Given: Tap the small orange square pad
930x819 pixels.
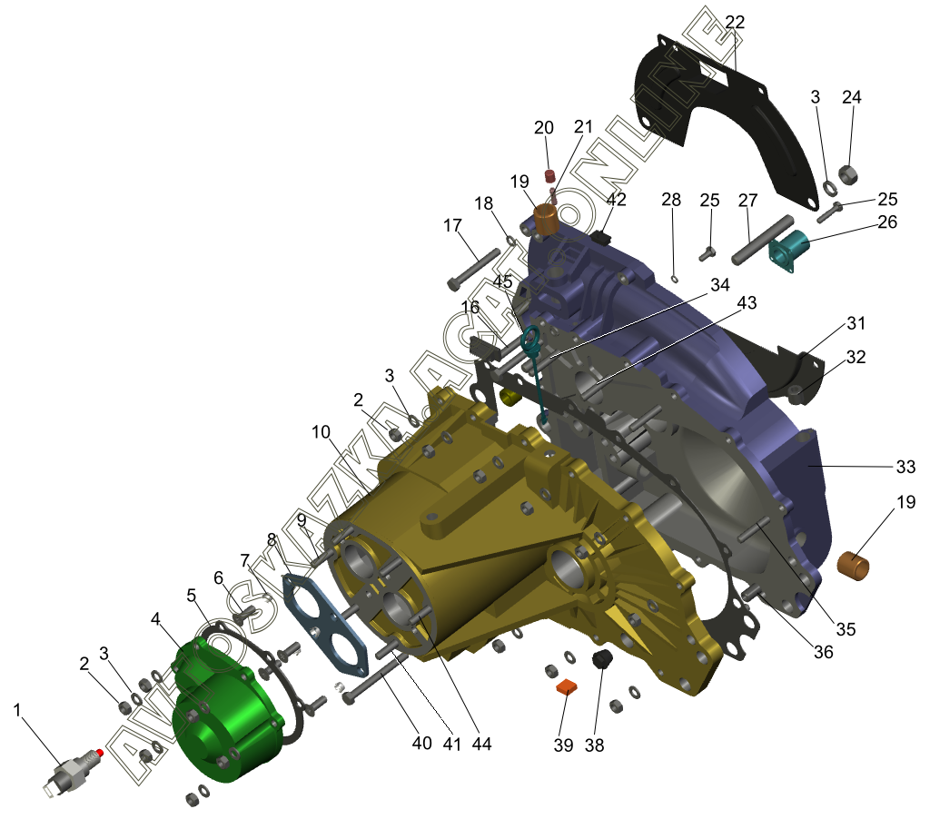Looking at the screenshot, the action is point(567,686).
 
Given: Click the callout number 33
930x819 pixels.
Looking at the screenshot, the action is point(905,467).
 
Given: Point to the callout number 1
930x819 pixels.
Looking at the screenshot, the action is point(17,710).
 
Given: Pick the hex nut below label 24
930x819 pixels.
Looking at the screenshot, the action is point(848,175).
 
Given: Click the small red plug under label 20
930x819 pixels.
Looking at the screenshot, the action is point(549,176).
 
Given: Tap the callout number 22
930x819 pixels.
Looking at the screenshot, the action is point(735,22).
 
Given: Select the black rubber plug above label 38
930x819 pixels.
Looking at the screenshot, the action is point(603,658).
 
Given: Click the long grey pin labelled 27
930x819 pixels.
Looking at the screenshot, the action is point(763,240).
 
